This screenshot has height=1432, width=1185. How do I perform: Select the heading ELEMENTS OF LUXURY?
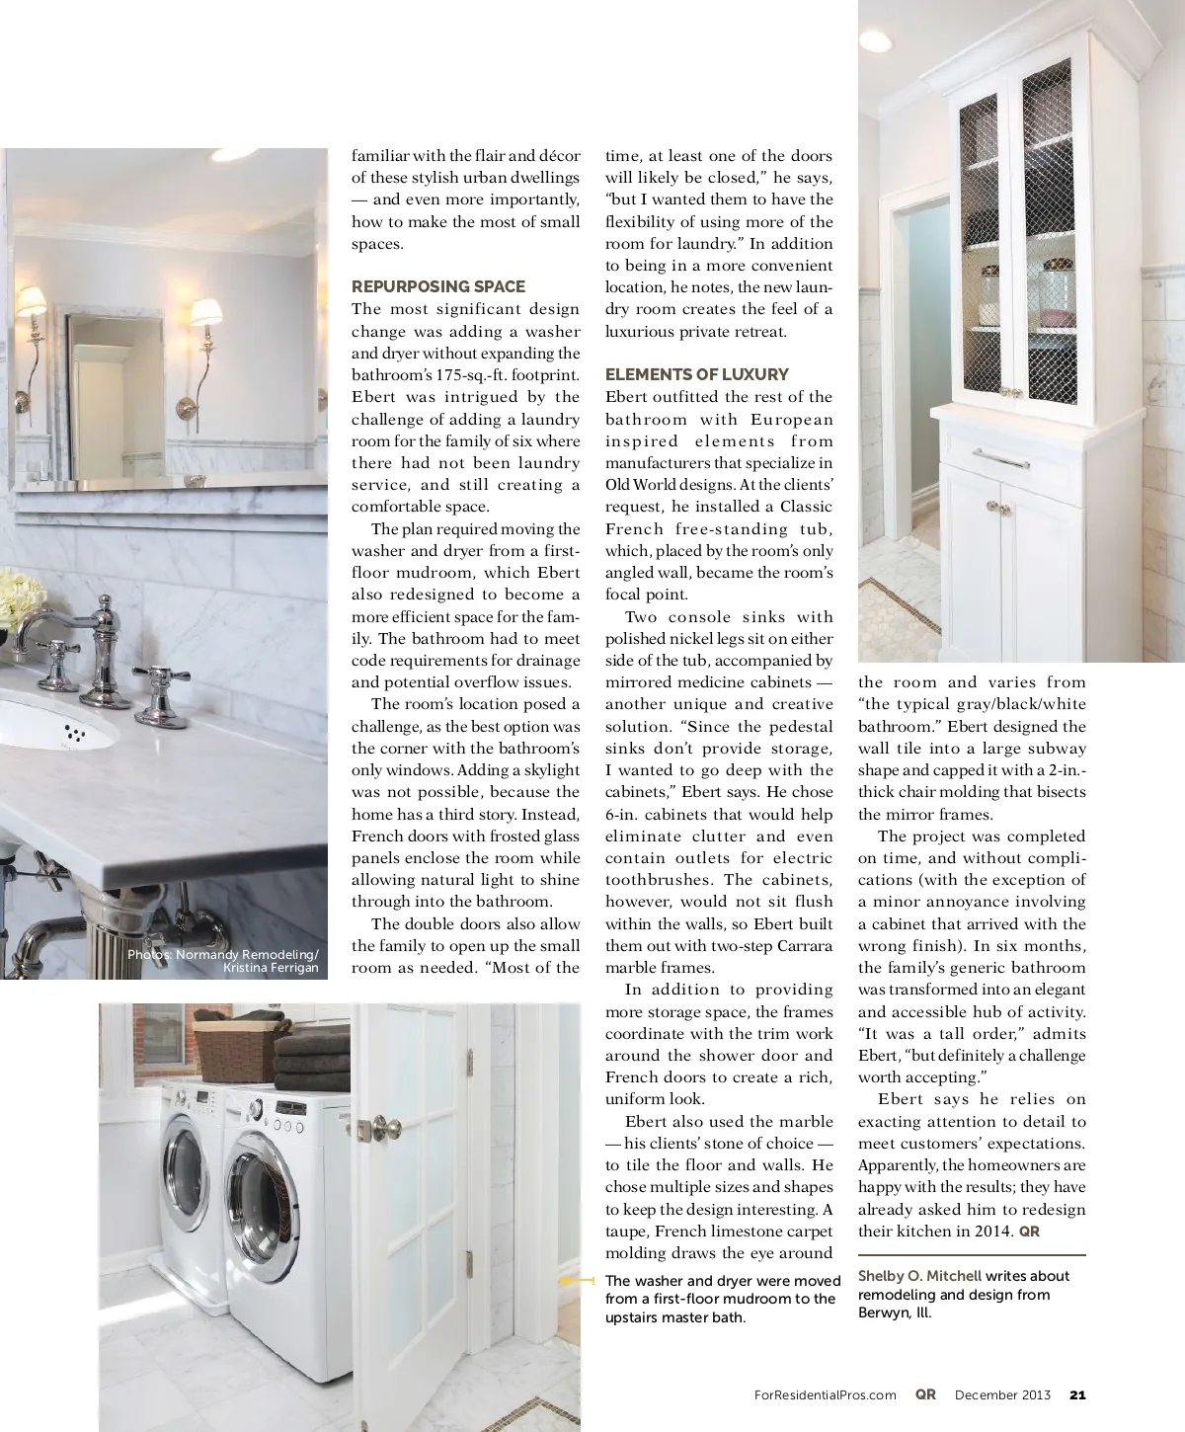tap(696, 374)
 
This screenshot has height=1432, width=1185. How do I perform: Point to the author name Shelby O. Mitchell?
tap(919, 1276)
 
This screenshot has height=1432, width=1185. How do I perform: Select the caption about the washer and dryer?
tap(720, 1299)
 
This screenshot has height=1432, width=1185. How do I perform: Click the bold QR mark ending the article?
tap(1029, 1232)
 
